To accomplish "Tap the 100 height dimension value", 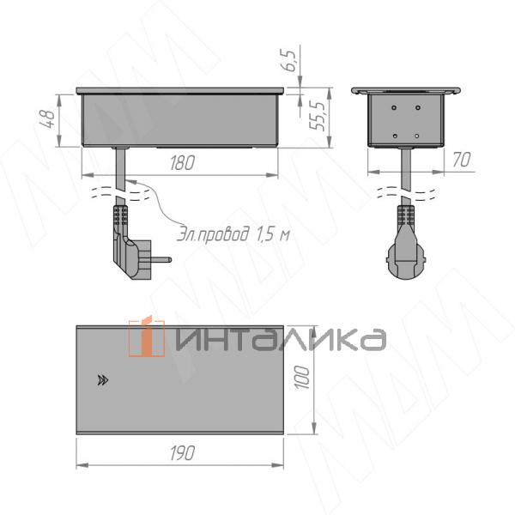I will pos(300,376).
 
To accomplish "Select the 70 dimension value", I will pos(463,160).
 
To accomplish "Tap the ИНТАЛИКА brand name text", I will pos(279,338).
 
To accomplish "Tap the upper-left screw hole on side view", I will pos(395,108).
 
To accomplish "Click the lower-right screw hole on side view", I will pos(416,136).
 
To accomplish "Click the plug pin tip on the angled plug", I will pos(166,258).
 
